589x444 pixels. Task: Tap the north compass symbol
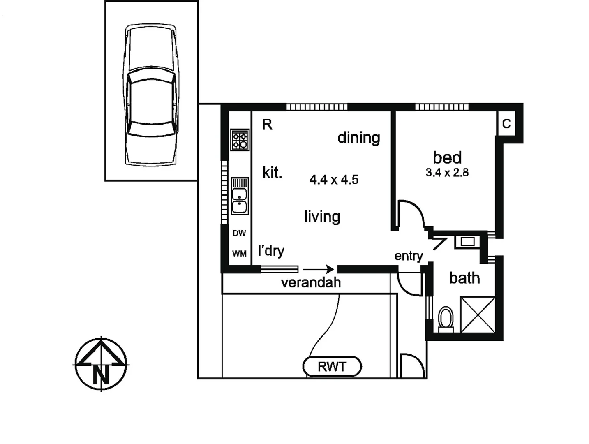101,364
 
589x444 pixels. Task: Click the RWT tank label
332,367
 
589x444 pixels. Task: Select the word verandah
311,282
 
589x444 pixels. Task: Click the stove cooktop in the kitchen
240,139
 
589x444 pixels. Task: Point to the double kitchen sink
240,196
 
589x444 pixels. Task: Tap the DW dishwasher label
239,234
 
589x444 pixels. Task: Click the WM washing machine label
239,254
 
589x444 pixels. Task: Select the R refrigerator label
267,125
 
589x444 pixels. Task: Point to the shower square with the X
478,314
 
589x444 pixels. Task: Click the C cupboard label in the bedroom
506,124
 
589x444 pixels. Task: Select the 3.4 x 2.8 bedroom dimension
447,173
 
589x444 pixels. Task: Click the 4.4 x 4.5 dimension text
334,180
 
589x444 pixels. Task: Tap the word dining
358,138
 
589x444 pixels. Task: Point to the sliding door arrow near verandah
318,270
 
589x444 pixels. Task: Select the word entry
409,256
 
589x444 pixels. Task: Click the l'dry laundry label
271,251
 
